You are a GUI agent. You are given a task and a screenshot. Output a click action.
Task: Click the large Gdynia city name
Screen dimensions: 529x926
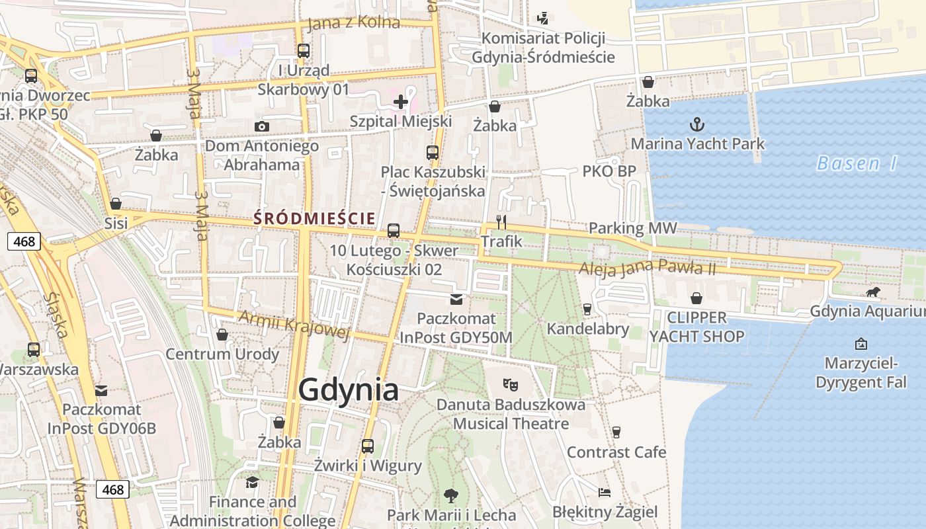[348, 389]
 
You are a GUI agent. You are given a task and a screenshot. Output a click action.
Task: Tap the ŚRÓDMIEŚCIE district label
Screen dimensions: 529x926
[315, 218]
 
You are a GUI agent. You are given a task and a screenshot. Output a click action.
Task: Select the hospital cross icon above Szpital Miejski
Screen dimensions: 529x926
[400, 101]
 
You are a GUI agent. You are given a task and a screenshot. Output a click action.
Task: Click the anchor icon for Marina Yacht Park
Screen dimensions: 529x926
[696, 124]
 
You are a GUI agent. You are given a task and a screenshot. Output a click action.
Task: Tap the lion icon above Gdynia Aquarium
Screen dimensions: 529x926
[872, 292]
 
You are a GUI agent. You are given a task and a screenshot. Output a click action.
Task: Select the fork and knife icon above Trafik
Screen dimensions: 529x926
[501, 222]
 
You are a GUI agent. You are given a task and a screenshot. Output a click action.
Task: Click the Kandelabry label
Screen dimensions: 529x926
[588, 329]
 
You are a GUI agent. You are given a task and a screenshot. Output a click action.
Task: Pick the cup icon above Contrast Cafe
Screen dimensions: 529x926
[616, 432]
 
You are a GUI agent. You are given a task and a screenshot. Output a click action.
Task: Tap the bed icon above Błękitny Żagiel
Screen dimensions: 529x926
[605, 493]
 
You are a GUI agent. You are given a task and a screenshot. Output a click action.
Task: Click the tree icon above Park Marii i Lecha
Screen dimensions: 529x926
[451, 495]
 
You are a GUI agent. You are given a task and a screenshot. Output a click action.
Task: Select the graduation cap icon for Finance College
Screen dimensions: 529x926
[252, 482]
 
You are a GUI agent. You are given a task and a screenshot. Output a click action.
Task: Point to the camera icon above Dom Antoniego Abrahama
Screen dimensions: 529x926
[262, 126]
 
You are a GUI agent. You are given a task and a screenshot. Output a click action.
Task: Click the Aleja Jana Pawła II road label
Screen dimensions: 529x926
[648, 269]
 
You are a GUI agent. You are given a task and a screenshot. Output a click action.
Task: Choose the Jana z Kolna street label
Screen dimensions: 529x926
[354, 22]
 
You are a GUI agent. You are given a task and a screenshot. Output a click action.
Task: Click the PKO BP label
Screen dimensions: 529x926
[609, 171]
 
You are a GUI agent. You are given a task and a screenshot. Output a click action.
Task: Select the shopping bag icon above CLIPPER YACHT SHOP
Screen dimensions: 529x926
[696, 298]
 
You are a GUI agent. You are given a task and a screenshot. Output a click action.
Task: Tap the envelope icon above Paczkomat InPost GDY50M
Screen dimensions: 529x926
[456, 300]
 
